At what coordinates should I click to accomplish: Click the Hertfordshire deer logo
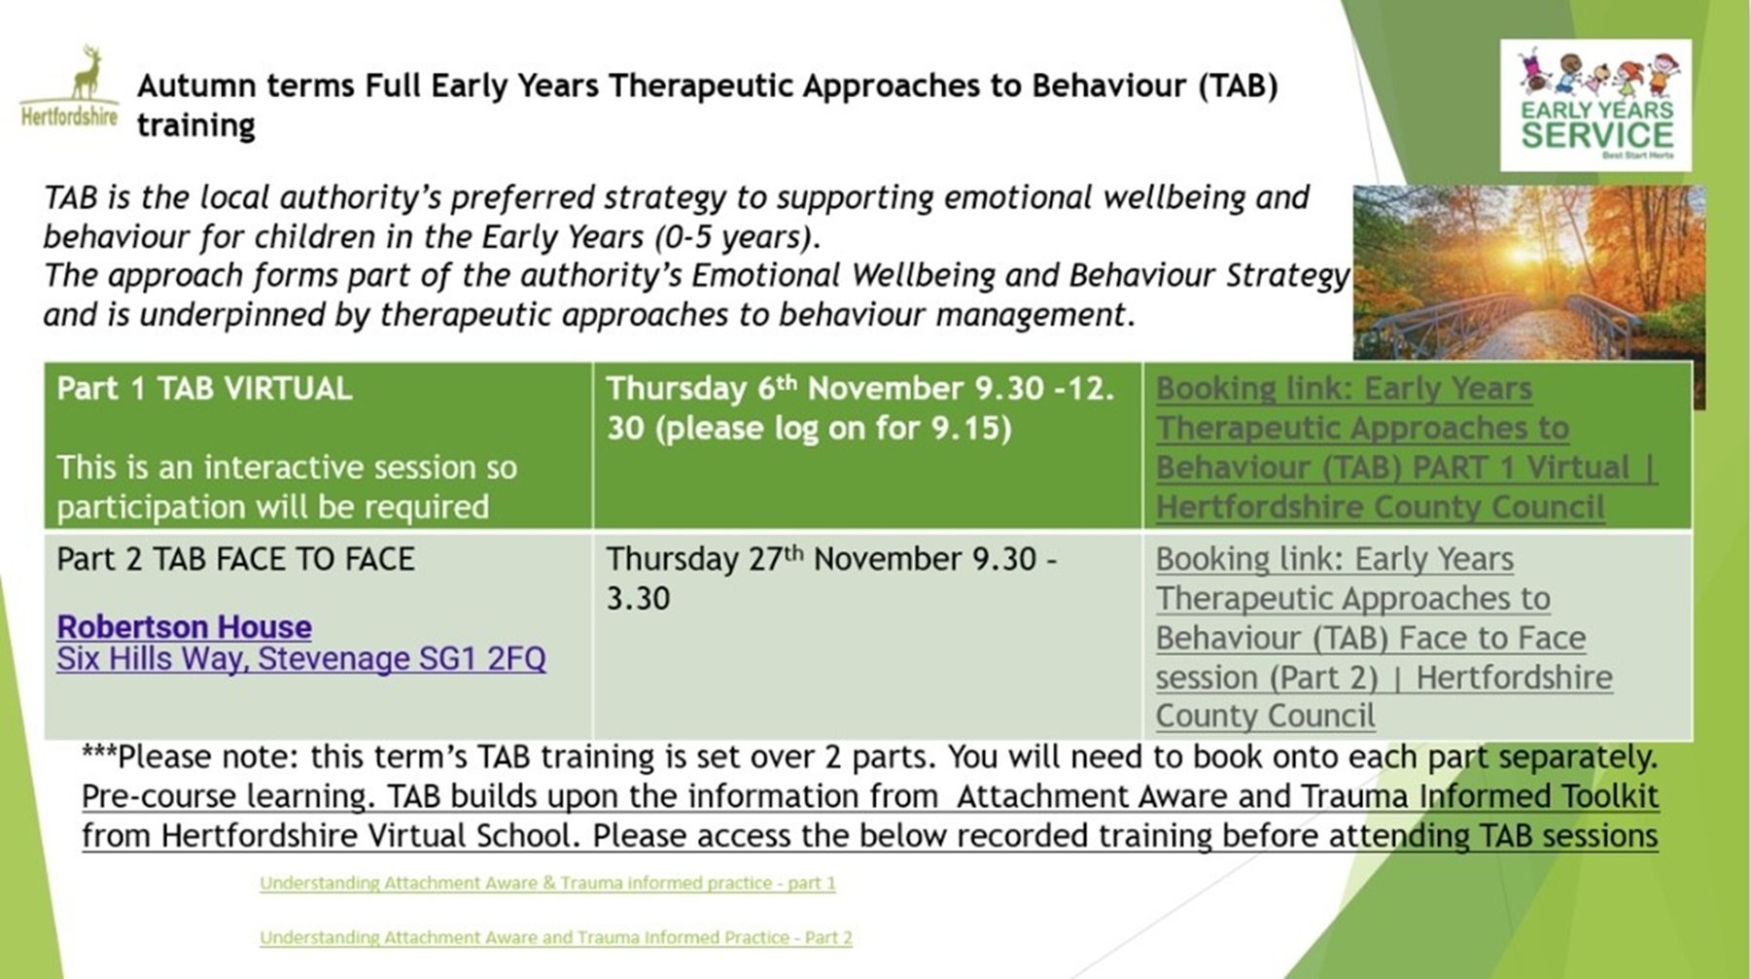[x=69, y=87]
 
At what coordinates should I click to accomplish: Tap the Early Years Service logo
[x=1595, y=105]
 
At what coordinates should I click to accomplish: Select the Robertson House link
[x=184, y=627]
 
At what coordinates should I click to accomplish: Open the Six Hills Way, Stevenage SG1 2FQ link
[x=301, y=659]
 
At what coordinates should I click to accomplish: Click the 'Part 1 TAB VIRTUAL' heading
[x=204, y=389]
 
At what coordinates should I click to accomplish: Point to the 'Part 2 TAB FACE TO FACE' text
[x=235, y=559]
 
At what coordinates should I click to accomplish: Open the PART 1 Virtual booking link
[x=1406, y=447]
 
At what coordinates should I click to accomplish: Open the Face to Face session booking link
[x=1383, y=637]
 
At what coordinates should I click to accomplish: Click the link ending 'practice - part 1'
[x=547, y=883]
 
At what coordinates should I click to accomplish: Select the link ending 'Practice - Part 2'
[x=556, y=937]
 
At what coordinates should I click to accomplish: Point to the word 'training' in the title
[x=196, y=125]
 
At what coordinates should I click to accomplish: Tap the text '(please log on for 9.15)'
[x=834, y=429]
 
